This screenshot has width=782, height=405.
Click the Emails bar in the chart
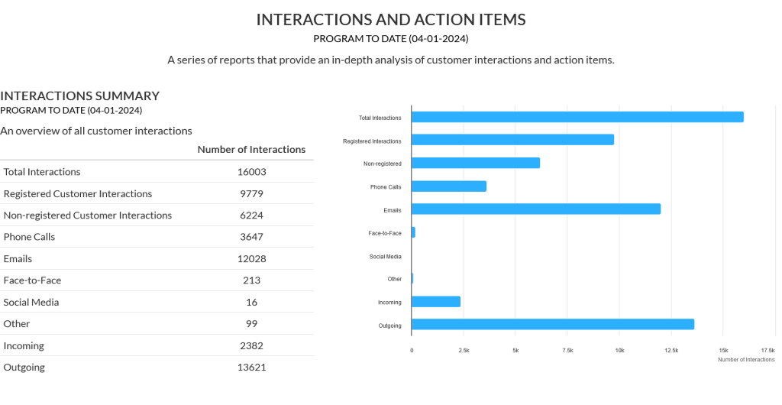point(535,209)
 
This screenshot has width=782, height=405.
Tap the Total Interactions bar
point(577,117)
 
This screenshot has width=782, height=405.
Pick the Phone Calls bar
point(449,186)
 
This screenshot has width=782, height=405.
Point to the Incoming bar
point(436,301)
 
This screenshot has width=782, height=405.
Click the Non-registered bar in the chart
point(476,163)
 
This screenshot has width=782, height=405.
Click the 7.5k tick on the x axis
point(567,350)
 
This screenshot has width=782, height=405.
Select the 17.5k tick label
point(767,350)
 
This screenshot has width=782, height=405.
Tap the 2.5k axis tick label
point(464,350)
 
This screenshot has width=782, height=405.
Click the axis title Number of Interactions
point(745,359)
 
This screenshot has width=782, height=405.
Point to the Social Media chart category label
point(385,257)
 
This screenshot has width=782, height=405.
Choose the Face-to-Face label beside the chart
point(384,232)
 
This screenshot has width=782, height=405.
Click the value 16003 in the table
point(251,172)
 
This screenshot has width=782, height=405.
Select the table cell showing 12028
point(251,258)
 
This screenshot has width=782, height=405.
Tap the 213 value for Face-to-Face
point(251,280)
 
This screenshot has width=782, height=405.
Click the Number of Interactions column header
point(251,150)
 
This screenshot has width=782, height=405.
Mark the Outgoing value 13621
point(251,367)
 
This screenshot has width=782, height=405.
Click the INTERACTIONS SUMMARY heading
point(79,96)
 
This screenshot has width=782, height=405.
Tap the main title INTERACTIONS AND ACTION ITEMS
point(391,20)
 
